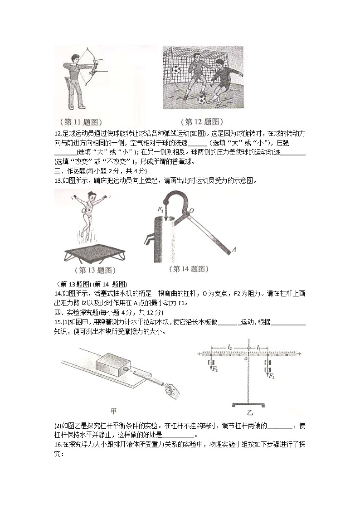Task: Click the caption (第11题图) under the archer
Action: pyautogui.click(x=81, y=121)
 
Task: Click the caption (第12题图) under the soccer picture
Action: pyautogui.click(x=202, y=121)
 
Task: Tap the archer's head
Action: pyautogui.click(x=76, y=58)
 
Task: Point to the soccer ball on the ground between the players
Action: pyautogui.click(x=201, y=98)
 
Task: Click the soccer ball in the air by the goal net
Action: pyautogui.click(x=176, y=69)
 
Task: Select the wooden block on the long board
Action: pyautogui.click(x=112, y=360)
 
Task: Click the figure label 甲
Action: pyautogui.click(x=113, y=412)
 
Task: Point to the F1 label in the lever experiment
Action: pyautogui.click(x=272, y=376)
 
